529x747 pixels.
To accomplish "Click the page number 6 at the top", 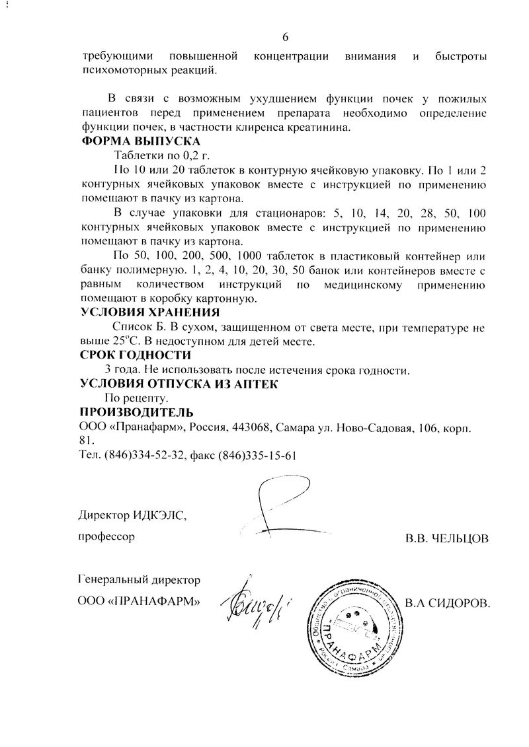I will click(285, 36).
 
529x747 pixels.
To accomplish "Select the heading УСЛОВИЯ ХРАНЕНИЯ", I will click(149, 312).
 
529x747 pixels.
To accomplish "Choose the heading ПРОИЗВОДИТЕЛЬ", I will click(137, 413).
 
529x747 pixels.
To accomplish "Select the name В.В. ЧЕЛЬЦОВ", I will click(447, 539).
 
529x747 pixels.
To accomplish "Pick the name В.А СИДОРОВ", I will click(447, 602).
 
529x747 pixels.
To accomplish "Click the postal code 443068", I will click(249, 427).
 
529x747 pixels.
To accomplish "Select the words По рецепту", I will click(137, 399).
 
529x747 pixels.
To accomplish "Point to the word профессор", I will click(107, 536).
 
